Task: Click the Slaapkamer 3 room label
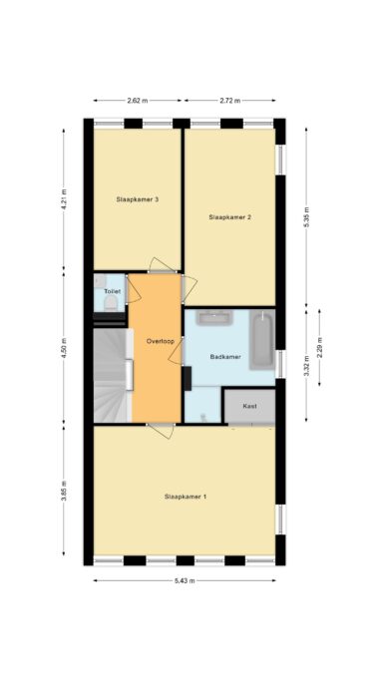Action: tap(138, 199)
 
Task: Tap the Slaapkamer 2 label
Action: tap(229, 217)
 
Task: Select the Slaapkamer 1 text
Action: tap(186, 496)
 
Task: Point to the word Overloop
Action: tap(161, 341)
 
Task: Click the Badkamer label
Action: tap(225, 357)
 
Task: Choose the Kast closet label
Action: tap(249, 406)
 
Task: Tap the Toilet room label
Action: tap(112, 291)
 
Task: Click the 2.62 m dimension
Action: tap(138, 101)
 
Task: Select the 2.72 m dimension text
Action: tap(229, 101)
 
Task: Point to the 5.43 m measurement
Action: tap(185, 581)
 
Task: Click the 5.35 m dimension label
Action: tap(306, 217)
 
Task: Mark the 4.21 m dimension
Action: tap(64, 199)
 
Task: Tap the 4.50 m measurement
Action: tap(64, 348)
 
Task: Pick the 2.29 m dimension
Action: tap(320, 347)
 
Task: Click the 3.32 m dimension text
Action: tap(306, 366)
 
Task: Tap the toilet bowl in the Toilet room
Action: tap(111, 303)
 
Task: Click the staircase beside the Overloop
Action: tap(113, 375)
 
